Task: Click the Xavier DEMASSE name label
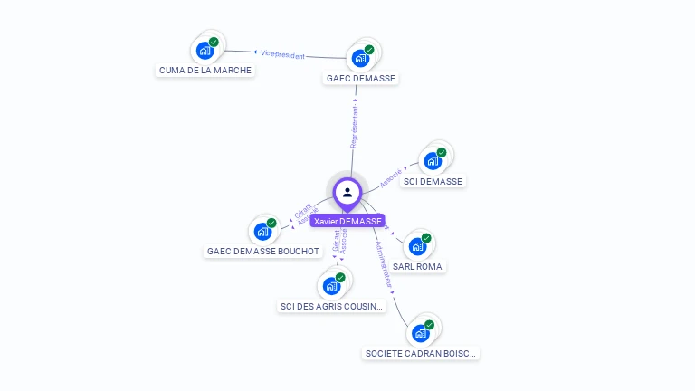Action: (x=347, y=221)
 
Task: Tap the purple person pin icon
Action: (x=347, y=192)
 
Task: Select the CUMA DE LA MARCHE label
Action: (x=205, y=70)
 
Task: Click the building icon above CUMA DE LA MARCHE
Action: (x=205, y=50)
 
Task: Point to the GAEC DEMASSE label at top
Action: (x=361, y=79)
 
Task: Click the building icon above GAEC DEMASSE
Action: (x=360, y=58)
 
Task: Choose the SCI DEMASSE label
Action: (x=433, y=181)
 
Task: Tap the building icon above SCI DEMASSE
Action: (x=433, y=161)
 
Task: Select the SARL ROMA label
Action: (x=418, y=267)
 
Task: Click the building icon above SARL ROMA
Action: (x=417, y=246)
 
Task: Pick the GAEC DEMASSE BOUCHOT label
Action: (x=263, y=251)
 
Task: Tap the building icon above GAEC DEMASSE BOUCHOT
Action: (x=262, y=231)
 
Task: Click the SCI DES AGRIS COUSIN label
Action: (x=332, y=306)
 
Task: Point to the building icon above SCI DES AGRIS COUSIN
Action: (x=331, y=286)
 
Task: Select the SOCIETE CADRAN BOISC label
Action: (x=421, y=353)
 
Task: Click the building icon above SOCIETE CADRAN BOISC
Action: (x=420, y=333)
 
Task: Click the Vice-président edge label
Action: (x=282, y=54)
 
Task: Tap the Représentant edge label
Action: (x=355, y=126)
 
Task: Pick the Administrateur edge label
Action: (x=384, y=263)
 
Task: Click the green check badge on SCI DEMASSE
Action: (x=442, y=153)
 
